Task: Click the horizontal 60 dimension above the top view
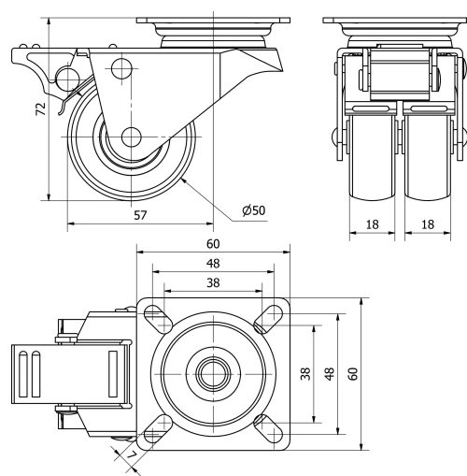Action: click(214, 243)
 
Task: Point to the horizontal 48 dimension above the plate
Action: click(214, 264)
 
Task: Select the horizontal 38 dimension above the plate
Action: click(214, 281)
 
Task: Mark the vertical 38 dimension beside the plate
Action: click(304, 373)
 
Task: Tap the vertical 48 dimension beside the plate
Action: click(328, 373)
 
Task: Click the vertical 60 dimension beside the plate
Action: click(352, 373)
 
